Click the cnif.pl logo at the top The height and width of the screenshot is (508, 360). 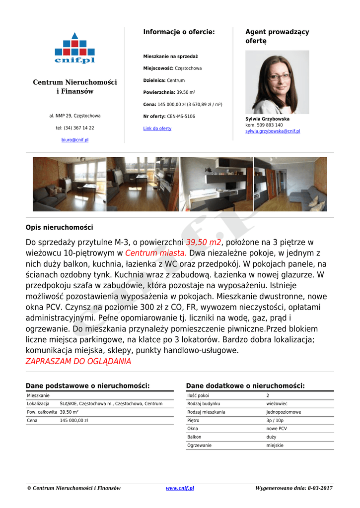74,48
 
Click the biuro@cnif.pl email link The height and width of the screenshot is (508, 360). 75,140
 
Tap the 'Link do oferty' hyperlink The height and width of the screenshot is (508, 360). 157,128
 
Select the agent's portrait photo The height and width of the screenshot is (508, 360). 277,82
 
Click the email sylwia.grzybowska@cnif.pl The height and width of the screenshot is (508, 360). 273,131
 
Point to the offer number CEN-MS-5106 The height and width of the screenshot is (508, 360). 181,117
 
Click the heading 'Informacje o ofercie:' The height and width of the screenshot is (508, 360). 179,32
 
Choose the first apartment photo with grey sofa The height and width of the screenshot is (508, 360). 69,185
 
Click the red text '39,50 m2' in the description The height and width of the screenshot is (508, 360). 203,242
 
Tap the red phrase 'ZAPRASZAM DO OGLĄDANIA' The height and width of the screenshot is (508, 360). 78,361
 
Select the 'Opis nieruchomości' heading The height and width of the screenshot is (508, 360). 59,227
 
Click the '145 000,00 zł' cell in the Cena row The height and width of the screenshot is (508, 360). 74,421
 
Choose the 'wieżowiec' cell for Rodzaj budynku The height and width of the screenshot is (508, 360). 277,404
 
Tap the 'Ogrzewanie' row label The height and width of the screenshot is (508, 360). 199,445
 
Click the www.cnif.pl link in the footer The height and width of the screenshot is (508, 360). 180,488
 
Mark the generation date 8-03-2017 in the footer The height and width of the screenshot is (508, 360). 320,488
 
